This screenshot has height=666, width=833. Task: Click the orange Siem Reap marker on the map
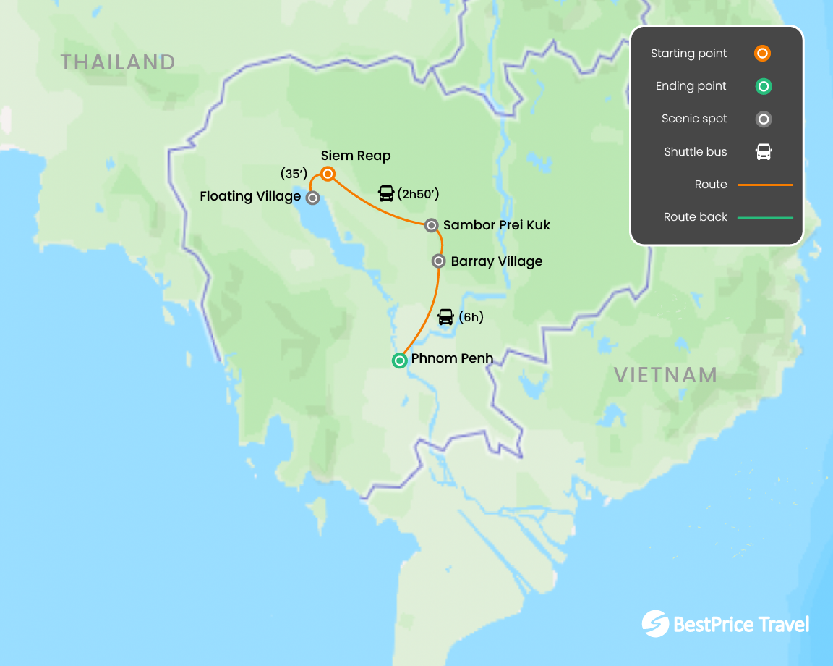pos(328,174)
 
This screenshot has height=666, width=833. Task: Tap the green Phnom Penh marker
pos(399,360)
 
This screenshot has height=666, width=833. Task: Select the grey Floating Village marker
pos(312,197)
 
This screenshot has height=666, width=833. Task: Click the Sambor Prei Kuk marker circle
pos(432,225)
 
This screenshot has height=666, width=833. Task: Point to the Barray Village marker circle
pos(439,261)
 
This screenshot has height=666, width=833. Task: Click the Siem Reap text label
pos(356,156)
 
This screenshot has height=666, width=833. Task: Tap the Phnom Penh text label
pos(452,358)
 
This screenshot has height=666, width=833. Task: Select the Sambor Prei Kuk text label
pos(497,225)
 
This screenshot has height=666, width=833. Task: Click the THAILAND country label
pos(118,62)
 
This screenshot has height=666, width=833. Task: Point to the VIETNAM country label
pos(665,375)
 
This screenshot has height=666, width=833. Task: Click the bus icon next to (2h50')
pos(386,193)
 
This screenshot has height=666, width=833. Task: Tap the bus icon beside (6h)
pos(445,317)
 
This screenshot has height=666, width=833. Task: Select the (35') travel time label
pos(294,174)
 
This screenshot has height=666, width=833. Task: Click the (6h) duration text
pos(471,317)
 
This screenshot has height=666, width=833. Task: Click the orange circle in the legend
pos(763,54)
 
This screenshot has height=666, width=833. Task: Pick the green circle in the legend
pos(763,86)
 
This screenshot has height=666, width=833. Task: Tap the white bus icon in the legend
pos(764,152)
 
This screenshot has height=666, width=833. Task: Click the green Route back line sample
pos(765,217)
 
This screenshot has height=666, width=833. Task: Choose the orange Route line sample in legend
pos(765,185)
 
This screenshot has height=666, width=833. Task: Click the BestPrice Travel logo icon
pos(655,624)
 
